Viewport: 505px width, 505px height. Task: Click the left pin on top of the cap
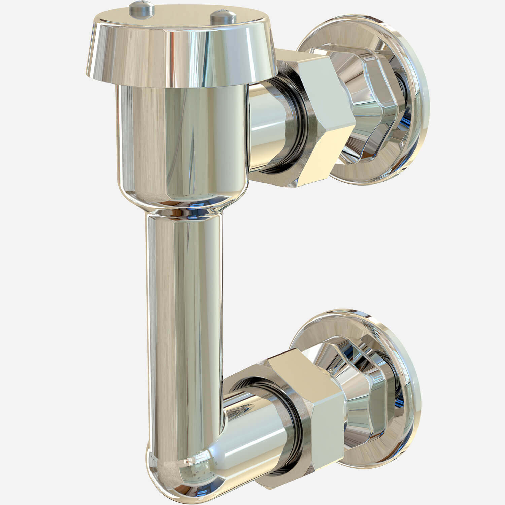(141, 8)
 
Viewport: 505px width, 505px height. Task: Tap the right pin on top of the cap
(221, 16)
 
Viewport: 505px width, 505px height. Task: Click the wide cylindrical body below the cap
(182, 141)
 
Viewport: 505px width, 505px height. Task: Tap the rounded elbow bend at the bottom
(175, 471)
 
